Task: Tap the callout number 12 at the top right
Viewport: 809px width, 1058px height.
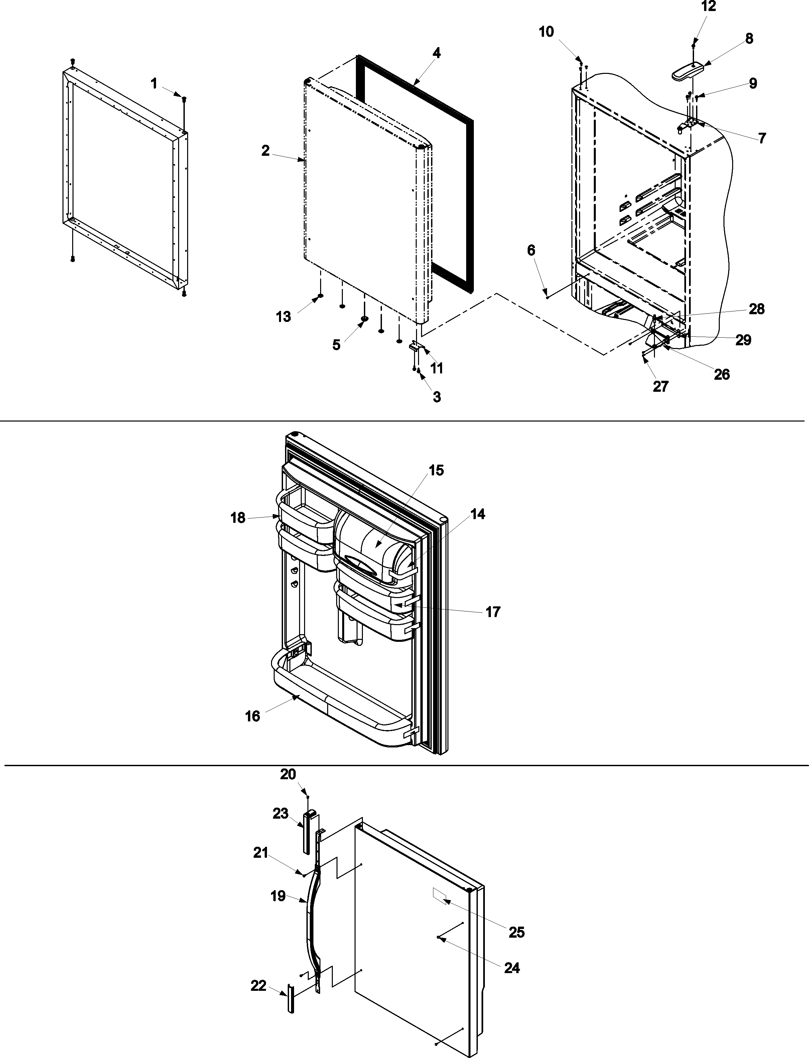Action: pos(708,7)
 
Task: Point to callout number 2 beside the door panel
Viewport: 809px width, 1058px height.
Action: pos(265,151)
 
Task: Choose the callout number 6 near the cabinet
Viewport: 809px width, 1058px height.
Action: pos(531,250)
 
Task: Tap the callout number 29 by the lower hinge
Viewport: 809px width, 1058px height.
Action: pos(743,340)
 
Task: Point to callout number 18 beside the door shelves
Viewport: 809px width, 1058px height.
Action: pos(238,518)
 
